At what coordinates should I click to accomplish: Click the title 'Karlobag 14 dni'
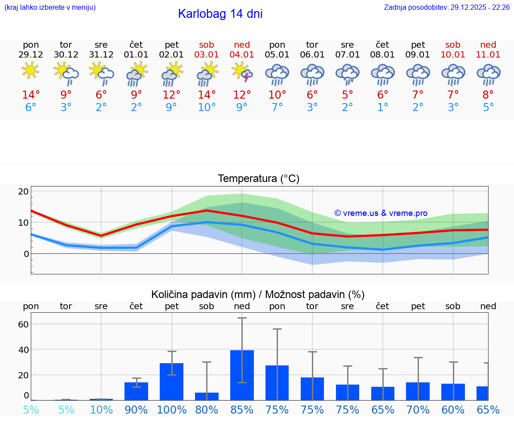(x=220, y=14)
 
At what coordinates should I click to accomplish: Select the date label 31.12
(x=101, y=55)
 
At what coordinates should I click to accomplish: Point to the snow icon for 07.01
(x=348, y=74)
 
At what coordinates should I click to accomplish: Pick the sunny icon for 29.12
(x=30, y=70)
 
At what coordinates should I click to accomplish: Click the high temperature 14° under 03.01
(x=207, y=95)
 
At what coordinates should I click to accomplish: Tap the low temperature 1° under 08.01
(x=382, y=108)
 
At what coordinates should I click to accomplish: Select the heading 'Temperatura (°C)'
(x=258, y=179)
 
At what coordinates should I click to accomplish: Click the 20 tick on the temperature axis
(x=23, y=191)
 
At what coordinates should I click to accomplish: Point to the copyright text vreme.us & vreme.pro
(x=381, y=213)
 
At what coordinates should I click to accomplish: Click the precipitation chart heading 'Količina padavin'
(x=257, y=294)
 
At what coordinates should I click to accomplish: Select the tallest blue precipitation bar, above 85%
(x=242, y=375)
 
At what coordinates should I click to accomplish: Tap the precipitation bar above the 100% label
(x=172, y=381)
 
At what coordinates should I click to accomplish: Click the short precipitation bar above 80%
(x=207, y=396)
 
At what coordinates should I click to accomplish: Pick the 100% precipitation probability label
(x=172, y=410)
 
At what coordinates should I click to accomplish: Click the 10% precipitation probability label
(x=101, y=410)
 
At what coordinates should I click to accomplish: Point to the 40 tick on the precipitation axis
(x=23, y=349)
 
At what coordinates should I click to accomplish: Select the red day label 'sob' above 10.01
(x=453, y=45)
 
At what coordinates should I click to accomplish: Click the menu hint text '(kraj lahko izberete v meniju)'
(x=50, y=8)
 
